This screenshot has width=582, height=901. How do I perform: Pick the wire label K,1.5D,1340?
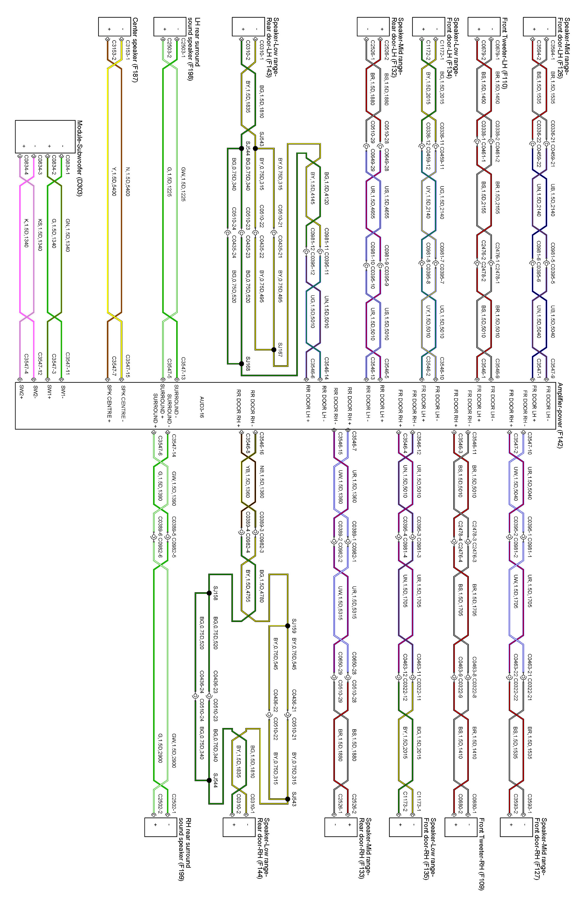26,232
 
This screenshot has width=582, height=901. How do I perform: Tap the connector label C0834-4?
26,165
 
